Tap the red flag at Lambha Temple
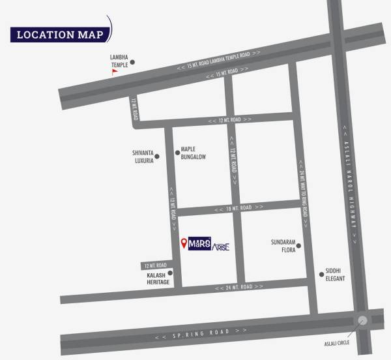tap(115, 72)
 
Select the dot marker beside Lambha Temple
tap(132, 63)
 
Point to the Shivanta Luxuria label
tap(143, 157)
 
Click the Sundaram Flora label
tap(283, 245)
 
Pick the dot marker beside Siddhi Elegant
tap(321, 274)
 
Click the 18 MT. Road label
tap(235, 207)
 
